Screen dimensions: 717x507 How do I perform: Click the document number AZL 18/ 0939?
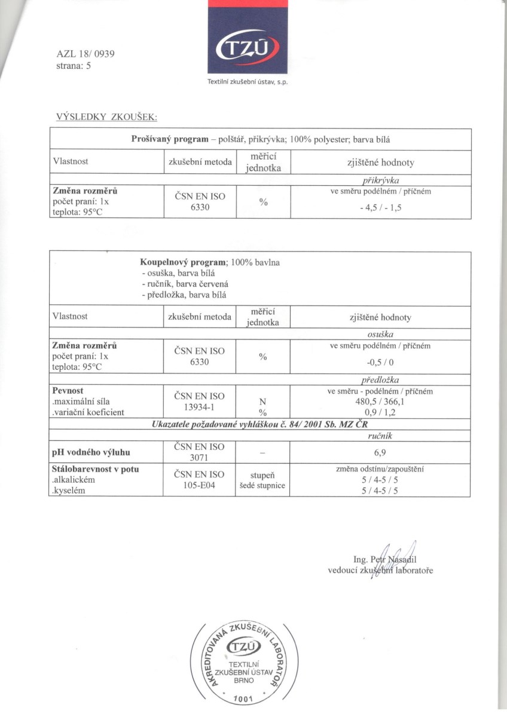tap(86, 54)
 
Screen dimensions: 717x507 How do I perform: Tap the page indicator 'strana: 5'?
tap(74, 66)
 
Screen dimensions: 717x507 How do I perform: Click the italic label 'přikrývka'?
tap(380, 180)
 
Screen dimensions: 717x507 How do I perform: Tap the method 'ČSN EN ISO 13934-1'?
tap(200, 402)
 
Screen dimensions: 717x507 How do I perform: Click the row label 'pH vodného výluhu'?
tap(91, 452)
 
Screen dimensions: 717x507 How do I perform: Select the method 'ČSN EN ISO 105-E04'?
tap(200, 480)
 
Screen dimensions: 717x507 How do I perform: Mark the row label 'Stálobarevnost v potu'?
tap(96, 470)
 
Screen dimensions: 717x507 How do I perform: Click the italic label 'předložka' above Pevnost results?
tap(380, 380)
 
